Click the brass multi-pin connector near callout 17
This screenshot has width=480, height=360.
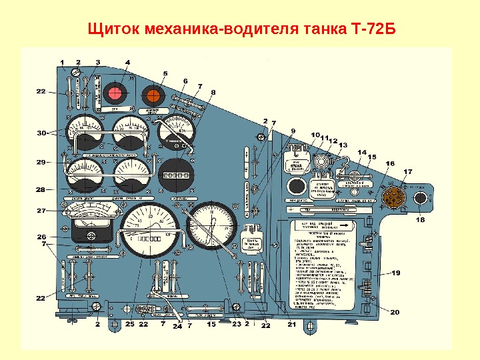pos(395,198)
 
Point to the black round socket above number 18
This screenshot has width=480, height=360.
pos(421,199)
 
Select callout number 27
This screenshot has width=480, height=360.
pos(41,211)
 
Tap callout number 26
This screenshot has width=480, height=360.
pos(41,237)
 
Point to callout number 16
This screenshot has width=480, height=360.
pos(389,163)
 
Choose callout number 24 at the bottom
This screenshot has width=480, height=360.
pos(177,327)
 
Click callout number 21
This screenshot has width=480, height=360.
pos(291,325)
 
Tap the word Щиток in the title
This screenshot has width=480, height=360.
pos(110,31)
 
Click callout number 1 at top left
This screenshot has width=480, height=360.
pos(62,62)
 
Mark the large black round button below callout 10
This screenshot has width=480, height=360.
pos(295,185)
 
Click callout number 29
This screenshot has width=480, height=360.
pos(41,162)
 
